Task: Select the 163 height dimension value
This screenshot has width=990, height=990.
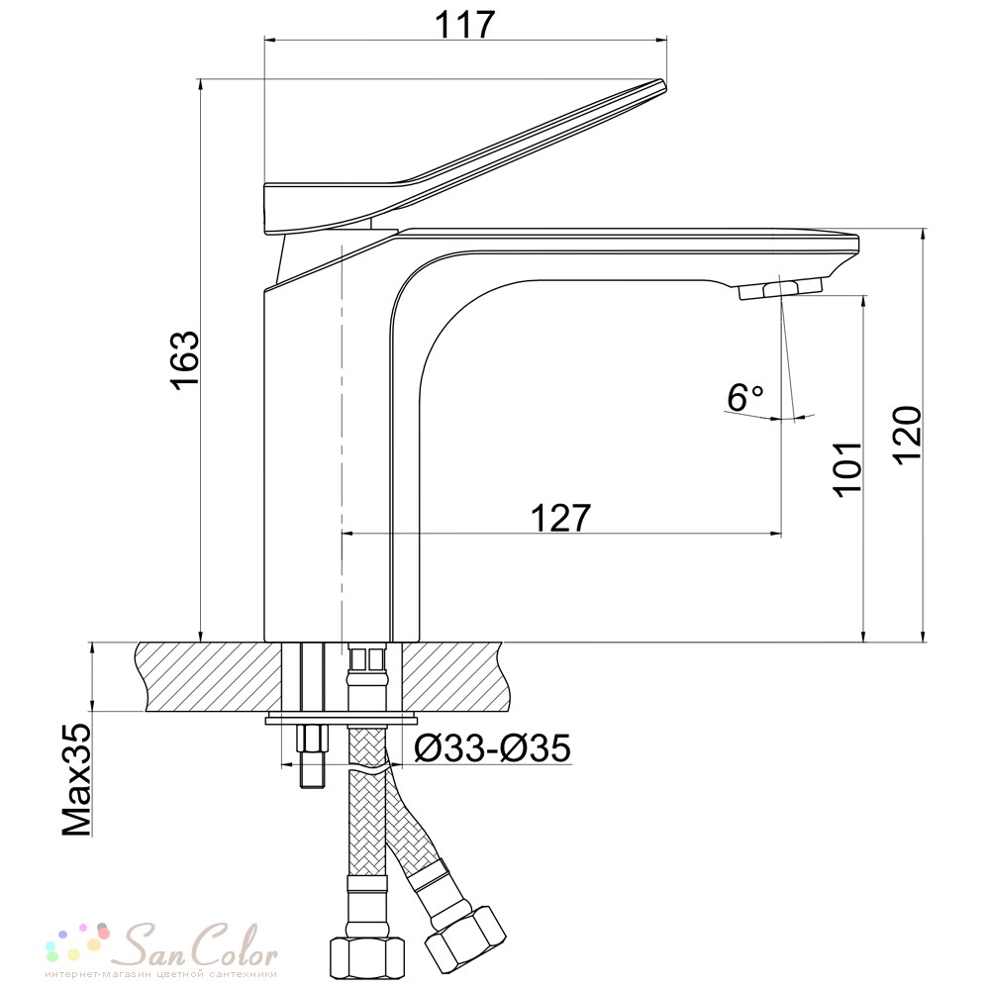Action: [x=186, y=360]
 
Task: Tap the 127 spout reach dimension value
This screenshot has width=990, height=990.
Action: [x=560, y=518]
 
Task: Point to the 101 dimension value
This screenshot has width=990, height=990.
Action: [x=846, y=468]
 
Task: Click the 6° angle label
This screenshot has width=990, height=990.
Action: [x=744, y=398]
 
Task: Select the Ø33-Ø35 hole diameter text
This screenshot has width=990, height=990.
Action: [x=492, y=748]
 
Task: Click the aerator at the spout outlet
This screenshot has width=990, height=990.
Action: [x=780, y=288]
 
